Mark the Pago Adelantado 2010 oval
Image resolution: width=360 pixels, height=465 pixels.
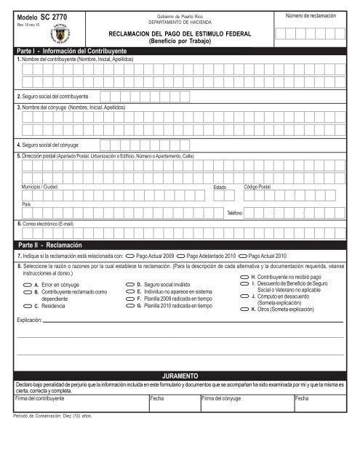tap(181, 256)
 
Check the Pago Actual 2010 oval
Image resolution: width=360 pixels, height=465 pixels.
tap(242, 256)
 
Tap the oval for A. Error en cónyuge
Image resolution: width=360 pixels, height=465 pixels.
tap(27, 284)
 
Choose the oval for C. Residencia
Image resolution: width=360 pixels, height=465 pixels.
tap(27, 307)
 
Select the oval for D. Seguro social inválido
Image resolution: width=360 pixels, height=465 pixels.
tap(130, 284)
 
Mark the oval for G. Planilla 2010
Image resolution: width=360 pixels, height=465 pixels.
tap(130, 307)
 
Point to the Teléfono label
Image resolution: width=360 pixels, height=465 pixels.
tap(234, 212)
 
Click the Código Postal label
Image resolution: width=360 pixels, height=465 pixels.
tap(258, 187)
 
